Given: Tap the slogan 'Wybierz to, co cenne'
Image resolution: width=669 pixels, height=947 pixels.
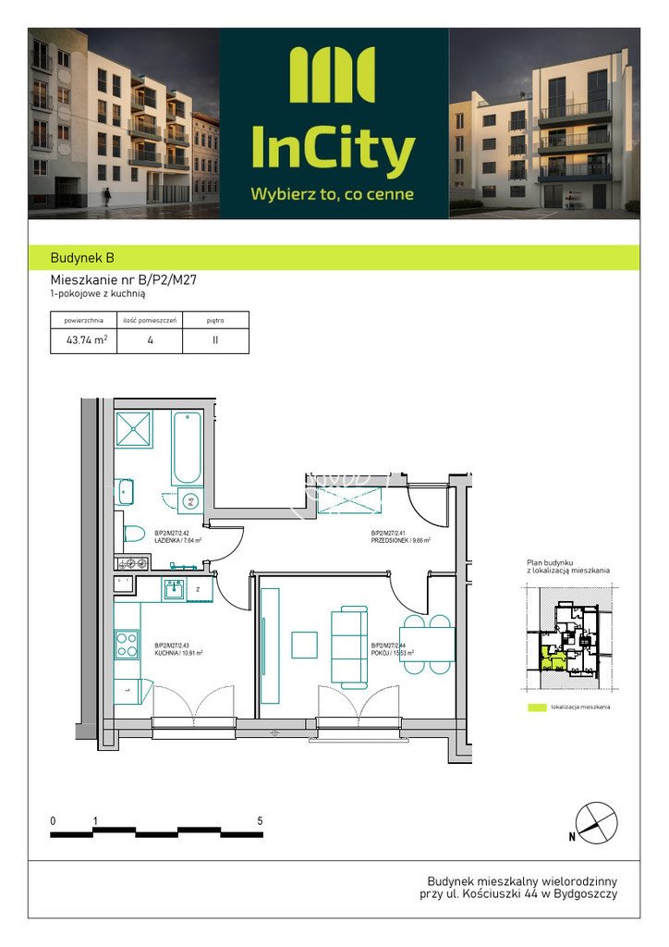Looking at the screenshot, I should pyautogui.click(x=333, y=194).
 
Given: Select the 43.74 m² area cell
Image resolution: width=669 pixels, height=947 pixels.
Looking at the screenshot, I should pyautogui.click(x=86, y=339).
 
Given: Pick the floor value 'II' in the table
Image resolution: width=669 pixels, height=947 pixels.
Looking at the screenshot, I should pyautogui.click(x=215, y=339).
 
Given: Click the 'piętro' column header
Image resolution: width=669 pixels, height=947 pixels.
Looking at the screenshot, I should pyautogui.click(x=215, y=320).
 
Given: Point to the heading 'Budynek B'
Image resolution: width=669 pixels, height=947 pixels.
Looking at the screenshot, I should pyautogui.click(x=82, y=258).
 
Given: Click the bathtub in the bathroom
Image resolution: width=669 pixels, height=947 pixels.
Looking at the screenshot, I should pyautogui.click(x=187, y=448).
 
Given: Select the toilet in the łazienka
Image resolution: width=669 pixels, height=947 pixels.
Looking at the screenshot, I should pyautogui.click(x=133, y=535).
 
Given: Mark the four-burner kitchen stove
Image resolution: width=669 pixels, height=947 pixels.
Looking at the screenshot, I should pyautogui.click(x=126, y=644).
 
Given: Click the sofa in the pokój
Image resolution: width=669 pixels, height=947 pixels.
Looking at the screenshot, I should pyautogui.click(x=350, y=645).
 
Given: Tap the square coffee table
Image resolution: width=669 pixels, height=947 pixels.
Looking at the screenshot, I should pyautogui.click(x=304, y=645).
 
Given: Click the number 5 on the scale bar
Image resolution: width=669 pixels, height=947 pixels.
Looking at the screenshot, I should pyautogui.click(x=260, y=821).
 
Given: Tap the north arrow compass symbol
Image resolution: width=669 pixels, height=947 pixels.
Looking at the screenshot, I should pyautogui.click(x=595, y=822).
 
